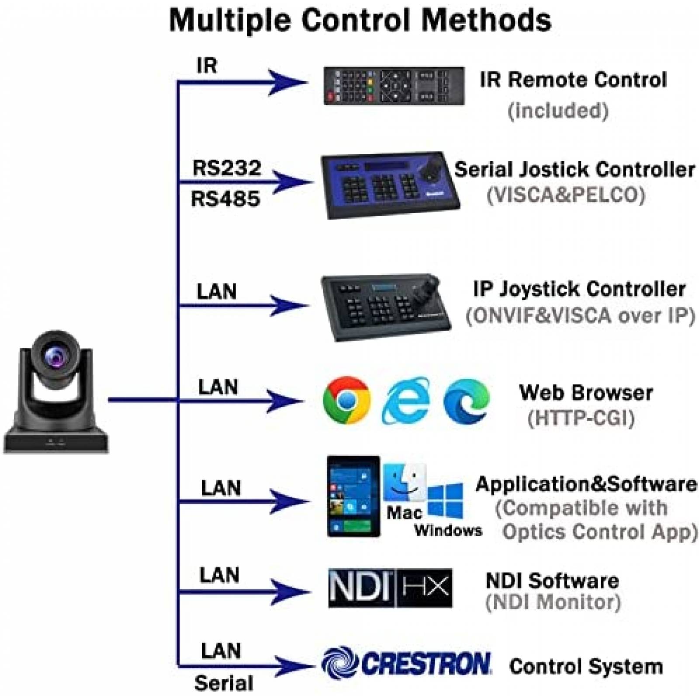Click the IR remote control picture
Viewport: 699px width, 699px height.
pos(394,86)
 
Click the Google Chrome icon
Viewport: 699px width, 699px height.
pos(346,400)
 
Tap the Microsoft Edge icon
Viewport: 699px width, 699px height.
pos(466,401)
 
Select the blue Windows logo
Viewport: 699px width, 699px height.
pos(445,500)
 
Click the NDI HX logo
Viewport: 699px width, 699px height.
pos(390,588)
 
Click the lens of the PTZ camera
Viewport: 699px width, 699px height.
pos(55,354)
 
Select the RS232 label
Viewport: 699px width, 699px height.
pos(227,168)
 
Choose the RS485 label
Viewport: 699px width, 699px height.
pos(225,199)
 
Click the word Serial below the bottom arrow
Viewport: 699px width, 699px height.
pos(224,683)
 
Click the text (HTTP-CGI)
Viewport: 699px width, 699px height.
pos(581,418)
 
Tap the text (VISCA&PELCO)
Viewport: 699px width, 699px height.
pos(566,195)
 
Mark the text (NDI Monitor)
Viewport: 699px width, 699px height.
pos(553,602)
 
